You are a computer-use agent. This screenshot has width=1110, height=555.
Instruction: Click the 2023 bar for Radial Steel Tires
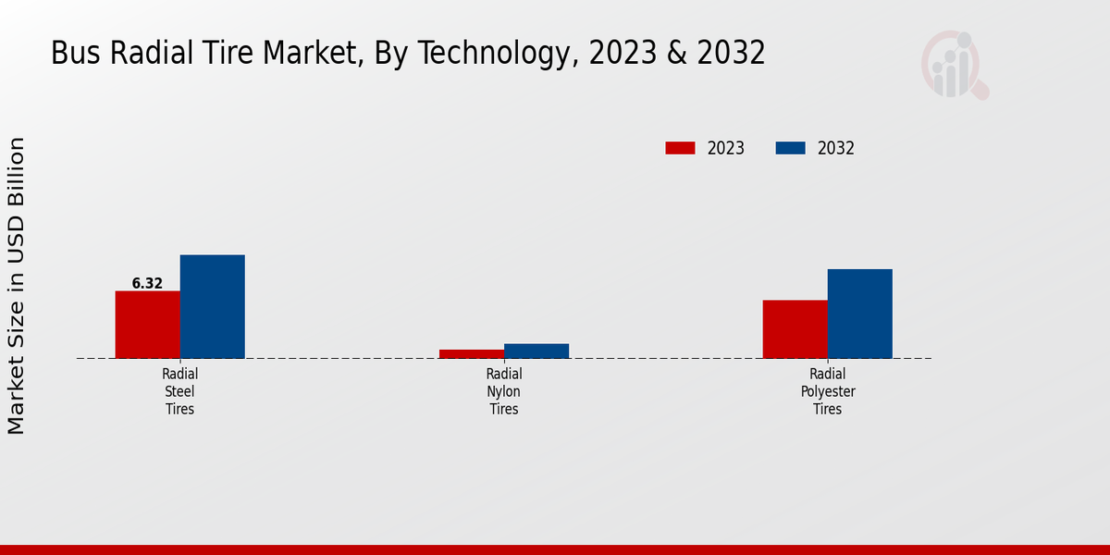[x=147, y=325]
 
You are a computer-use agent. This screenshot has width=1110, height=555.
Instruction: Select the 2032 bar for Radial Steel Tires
[x=212, y=306]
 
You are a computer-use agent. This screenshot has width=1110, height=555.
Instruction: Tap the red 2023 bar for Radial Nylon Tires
[x=471, y=353]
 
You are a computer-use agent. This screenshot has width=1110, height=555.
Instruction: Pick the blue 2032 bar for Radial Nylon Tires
[x=536, y=351]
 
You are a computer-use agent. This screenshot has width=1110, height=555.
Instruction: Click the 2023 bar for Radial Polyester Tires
[x=795, y=329]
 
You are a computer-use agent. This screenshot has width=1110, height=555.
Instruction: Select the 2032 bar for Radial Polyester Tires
[x=859, y=314]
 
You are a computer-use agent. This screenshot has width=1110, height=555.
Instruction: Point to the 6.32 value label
[x=147, y=284]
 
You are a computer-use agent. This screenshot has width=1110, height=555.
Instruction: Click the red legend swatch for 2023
[x=680, y=148]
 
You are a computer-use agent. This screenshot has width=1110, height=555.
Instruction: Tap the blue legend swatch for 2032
[x=790, y=148]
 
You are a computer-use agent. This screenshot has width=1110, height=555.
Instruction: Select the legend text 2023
[x=726, y=148]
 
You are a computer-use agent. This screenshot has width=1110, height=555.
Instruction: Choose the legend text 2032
[x=836, y=148]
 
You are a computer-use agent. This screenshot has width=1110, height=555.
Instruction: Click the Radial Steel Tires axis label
[x=179, y=391]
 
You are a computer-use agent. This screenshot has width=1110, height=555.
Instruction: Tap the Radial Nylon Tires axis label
[x=503, y=391]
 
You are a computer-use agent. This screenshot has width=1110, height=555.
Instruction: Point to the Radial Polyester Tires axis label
[x=827, y=391]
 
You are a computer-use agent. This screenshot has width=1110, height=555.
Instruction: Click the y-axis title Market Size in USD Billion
[x=17, y=285]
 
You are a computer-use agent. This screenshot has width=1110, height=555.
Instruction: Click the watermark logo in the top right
[x=954, y=65]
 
